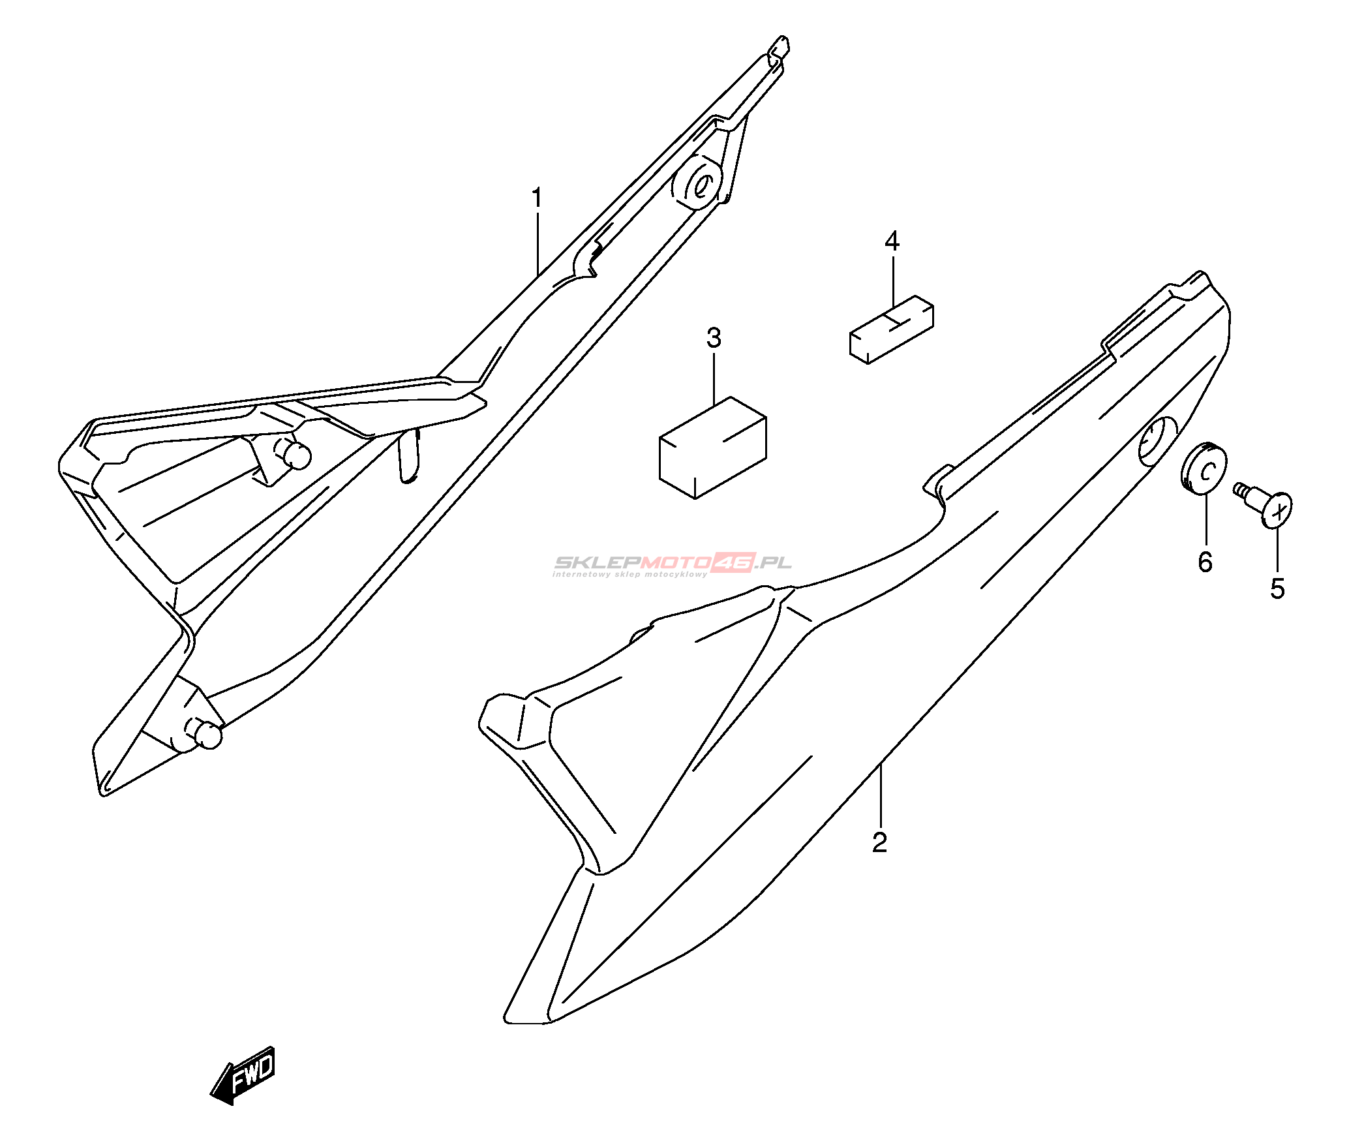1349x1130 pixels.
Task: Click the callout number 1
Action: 537,198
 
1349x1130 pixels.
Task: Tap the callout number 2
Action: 879,842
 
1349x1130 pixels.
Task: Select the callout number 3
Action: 714,338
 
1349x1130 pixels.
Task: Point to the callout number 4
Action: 892,241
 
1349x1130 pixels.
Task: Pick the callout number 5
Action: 1277,588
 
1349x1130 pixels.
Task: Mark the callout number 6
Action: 1205,562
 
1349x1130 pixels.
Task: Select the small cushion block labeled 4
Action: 891,329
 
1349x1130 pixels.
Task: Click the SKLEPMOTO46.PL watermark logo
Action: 672,564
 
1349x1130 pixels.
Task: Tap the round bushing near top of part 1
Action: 699,183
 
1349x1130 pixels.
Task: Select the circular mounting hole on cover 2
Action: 1157,442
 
